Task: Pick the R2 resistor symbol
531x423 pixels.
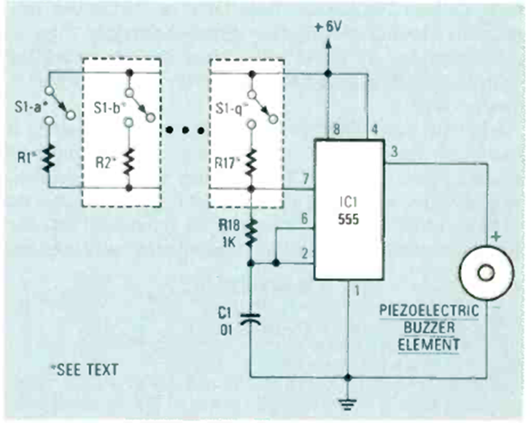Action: click(129, 161)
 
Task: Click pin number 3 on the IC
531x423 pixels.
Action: click(394, 153)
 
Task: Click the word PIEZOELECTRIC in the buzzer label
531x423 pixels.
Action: click(430, 312)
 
